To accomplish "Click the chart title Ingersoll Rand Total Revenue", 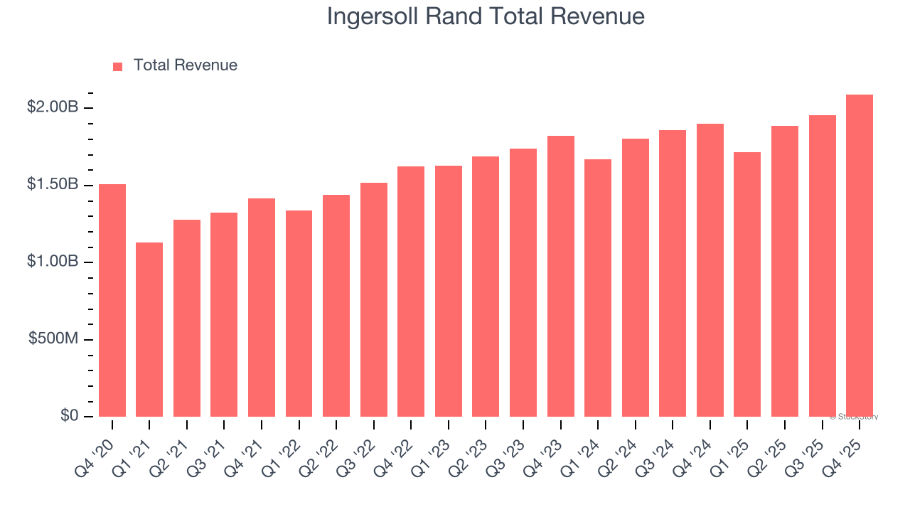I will [x=486, y=17].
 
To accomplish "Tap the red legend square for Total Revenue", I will [x=118, y=66].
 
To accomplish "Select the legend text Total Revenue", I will [x=185, y=65].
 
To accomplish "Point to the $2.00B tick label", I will [x=52, y=107].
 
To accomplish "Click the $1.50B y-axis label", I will [x=52, y=185].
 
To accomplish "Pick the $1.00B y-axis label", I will [x=52, y=262].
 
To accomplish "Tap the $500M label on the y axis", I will [x=53, y=339].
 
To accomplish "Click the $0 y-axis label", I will [x=69, y=416].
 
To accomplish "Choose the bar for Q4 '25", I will [x=860, y=255].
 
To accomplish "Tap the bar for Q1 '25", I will [x=747, y=284].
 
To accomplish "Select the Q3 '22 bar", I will [x=374, y=299].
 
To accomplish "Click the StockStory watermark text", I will [x=854, y=417].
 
